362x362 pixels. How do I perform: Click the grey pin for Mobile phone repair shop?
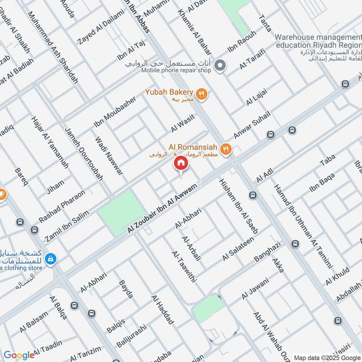pos(220,66)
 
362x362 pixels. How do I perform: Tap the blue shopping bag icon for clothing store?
pos(51,258)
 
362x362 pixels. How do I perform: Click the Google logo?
pos(19,355)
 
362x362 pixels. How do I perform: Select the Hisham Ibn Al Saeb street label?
pos(238,206)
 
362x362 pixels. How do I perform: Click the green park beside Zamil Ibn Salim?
pos(122,212)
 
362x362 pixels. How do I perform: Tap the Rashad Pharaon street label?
pos(62,206)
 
